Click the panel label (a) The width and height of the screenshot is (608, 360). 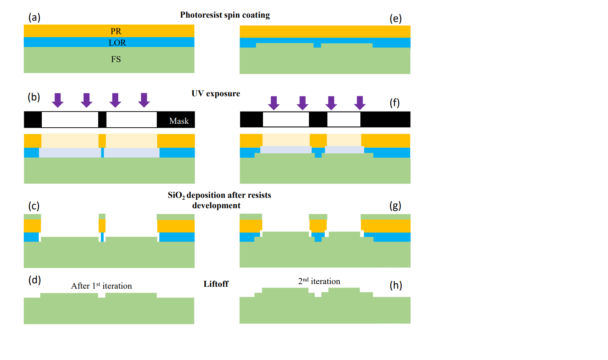pos(34,17)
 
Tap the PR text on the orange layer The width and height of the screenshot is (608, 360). pos(116,31)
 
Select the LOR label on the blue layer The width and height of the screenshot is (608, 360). pos(117,43)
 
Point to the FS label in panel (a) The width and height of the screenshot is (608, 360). pos(116,59)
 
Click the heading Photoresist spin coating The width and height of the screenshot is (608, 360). pos(225,15)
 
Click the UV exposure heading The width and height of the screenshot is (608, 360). pos(215,94)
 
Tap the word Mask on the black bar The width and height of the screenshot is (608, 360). pos(179,121)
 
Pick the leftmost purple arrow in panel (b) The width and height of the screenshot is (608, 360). pos(58,100)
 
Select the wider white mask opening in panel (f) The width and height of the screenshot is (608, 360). pos(286,120)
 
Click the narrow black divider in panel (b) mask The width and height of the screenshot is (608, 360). pos(102,120)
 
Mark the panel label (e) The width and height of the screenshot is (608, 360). pos(396,18)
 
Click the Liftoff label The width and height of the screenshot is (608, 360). pos(216,284)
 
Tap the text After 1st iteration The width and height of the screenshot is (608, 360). pos(101,286)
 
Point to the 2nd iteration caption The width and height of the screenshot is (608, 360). pos(319,281)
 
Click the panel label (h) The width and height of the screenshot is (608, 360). pos(396,285)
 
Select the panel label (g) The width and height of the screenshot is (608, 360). pos(395,206)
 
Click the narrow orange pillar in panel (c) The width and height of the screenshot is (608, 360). pos(102,225)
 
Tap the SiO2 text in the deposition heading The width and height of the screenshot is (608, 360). pos(176,196)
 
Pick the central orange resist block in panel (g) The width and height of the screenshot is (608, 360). pos(318,225)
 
